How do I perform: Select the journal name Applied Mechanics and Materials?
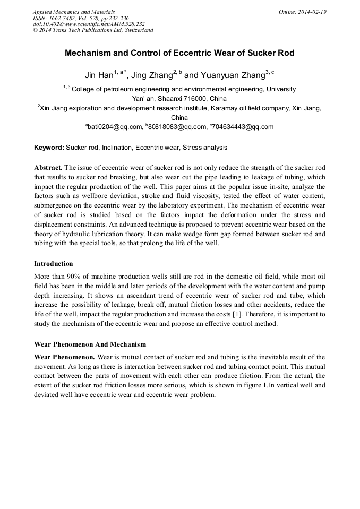(x=74, y=12)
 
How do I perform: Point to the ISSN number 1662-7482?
(x=65, y=18)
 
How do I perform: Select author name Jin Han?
(x=99, y=75)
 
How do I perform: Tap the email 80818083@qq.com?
(x=177, y=127)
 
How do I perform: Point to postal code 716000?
(x=192, y=98)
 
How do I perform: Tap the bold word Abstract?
(x=48, y=167)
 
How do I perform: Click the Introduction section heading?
(x=54, y=263)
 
